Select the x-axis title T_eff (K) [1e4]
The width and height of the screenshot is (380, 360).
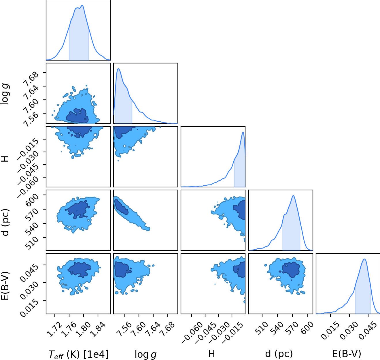tap(78, 355)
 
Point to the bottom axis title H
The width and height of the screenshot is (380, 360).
tap(211, 354)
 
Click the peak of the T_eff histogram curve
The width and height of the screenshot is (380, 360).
tap(82, 5)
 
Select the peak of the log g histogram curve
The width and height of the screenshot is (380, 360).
tap(118, 69)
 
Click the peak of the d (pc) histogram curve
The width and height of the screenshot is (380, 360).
tap(293, 196)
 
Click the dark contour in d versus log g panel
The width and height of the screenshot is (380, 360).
tap(121, 207)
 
